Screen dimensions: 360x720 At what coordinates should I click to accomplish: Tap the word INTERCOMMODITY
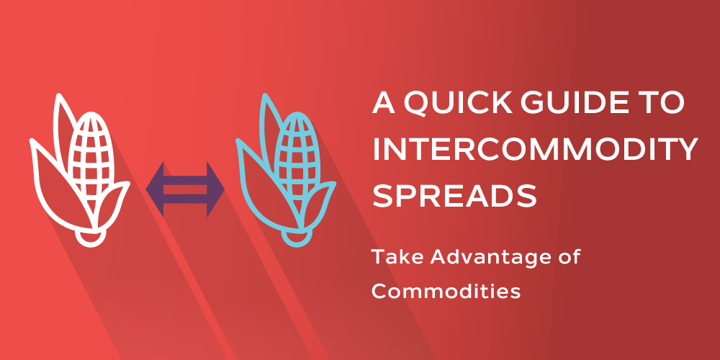click(x=535, y=150)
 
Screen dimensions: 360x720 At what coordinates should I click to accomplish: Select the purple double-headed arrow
click(x=185, y=189)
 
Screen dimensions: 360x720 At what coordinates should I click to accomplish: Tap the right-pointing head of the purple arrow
click(x=215, y=189)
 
